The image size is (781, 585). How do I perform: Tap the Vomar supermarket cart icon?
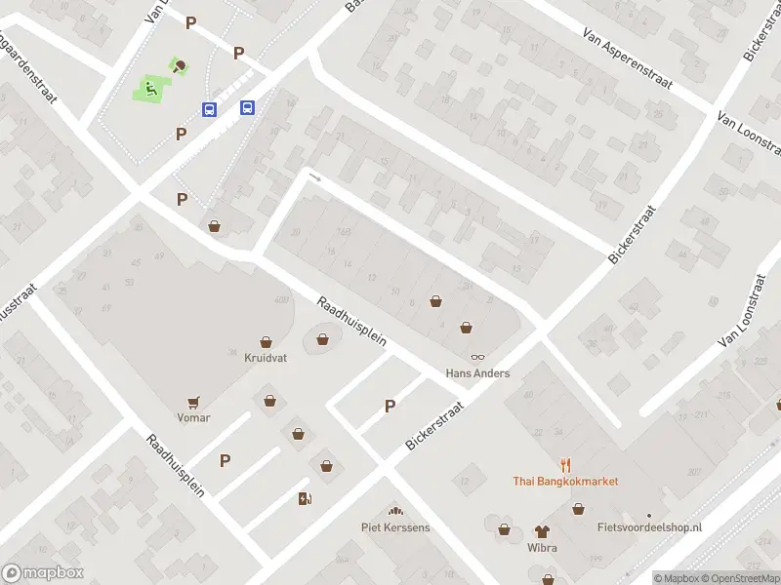pos(193,401)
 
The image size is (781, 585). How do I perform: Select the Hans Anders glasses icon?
pos(478,358)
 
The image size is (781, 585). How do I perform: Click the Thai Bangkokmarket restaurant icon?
pos(565,465)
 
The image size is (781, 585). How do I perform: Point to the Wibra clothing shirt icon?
pos(542,531)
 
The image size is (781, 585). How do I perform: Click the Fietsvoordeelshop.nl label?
pos(649,527)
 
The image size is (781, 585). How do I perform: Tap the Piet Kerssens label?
pos(395,527)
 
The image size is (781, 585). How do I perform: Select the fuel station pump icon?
pos(305,499)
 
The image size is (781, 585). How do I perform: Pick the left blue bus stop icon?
pos(209,109)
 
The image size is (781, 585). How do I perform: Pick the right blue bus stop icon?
pos(248,108)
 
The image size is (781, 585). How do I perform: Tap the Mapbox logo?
pos(43,573)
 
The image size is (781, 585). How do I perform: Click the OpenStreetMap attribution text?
pos(739,578)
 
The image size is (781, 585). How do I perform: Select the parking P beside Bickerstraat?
pos(390,407)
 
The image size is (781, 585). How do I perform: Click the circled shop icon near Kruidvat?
pos(322,339)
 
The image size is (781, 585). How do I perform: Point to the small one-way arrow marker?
pos(314,177)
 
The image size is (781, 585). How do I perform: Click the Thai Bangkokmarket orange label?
pos(565,482)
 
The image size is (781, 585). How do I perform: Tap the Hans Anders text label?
pos(477,373)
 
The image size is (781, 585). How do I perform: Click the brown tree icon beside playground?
pos(180,67)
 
